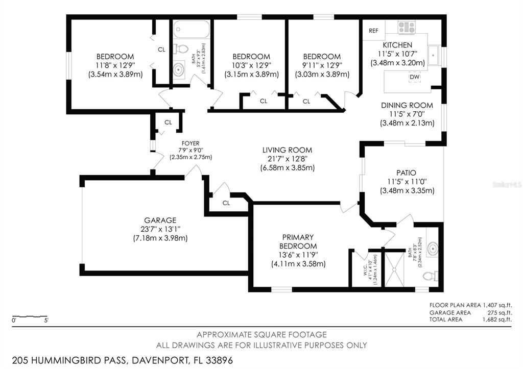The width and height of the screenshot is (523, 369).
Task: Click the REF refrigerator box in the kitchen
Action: (373, 31)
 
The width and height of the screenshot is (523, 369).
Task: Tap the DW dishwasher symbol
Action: (414, 77)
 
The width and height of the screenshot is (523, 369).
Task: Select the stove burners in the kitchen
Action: (407, 27)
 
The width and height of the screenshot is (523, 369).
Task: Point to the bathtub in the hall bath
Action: (191, 30)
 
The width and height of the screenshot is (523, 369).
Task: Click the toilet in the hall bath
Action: (178, 50)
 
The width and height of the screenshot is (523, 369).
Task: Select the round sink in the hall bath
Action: (179, 70)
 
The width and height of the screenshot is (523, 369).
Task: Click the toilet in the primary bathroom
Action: (430, 276)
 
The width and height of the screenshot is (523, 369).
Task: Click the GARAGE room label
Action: (160, 220)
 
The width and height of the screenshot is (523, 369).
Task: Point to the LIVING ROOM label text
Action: (287, 150)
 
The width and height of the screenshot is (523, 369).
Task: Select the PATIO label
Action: (407, 173)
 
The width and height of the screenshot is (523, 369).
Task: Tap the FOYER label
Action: (190, 143)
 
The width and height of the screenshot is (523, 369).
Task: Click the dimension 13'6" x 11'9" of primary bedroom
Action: (298, 255)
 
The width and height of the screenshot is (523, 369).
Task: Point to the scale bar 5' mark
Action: (46, 321)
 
